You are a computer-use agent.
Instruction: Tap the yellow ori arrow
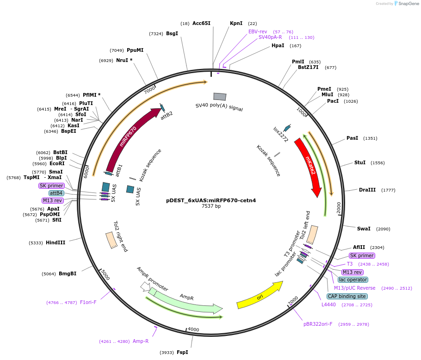click(259, 297)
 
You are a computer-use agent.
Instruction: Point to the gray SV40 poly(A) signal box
click(220, 96)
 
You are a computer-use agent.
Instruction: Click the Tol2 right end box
click(111, 240)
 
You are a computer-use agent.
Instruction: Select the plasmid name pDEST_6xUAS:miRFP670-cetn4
click(211, 200)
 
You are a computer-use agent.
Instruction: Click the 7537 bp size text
click(211, 206)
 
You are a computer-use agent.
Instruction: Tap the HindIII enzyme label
click(56, 242)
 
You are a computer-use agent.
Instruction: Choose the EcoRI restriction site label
click(57, 163)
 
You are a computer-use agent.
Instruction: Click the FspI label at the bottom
click(182, 352)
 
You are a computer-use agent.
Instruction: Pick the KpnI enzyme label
click(236, 23)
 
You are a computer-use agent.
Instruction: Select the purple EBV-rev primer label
click(258, 31)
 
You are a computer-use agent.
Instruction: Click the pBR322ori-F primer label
click(318, 324)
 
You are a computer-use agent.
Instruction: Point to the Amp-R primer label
click(141, 341)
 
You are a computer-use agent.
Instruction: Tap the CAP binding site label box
click(347, 296)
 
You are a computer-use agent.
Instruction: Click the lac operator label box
click(353, 279)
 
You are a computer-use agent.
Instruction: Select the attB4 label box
click(56, 193)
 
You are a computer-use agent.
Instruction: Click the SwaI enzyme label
click(364, 229)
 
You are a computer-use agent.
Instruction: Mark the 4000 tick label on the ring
click(193, 329)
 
